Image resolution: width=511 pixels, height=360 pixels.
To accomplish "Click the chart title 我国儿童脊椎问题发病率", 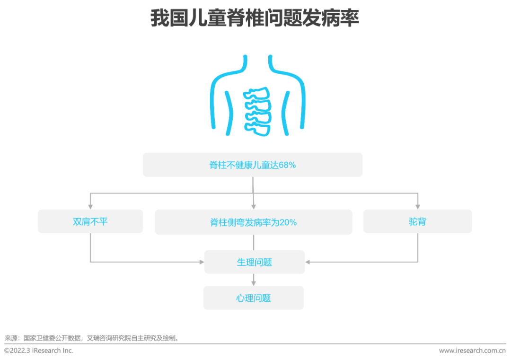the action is click(255, 18).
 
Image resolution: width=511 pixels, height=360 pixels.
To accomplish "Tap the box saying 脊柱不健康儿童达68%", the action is click(253, 165).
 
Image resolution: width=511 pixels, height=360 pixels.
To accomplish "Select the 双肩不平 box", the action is click(90, 221).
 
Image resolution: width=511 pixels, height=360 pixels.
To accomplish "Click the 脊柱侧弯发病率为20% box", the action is click(254, 222).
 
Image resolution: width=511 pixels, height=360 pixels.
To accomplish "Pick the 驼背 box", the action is click(417, 221).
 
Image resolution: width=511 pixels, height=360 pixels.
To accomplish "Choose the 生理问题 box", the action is click(255, 262).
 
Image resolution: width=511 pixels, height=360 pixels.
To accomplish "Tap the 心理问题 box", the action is click(254, 298).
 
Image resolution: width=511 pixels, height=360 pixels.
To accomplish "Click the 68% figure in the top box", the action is click(287, 165).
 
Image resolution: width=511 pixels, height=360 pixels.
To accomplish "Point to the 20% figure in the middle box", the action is click(288, 222).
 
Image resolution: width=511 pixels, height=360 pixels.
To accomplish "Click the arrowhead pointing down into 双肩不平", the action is click(90, 207).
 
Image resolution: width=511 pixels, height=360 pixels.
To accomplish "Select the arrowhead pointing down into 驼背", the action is click(418, 207).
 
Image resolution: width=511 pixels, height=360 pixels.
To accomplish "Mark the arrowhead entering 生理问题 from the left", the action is click(202, 262).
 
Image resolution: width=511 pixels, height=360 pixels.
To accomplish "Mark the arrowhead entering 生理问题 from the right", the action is click(308, 262).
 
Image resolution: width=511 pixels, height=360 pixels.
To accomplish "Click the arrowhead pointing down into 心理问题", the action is click(254, 283).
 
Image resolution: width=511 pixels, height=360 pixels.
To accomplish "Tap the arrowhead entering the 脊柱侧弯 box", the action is click(254, 207).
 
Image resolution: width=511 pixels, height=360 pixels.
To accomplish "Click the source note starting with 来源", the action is click(92, 338).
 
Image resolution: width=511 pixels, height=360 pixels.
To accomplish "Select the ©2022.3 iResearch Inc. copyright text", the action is click(38, 351).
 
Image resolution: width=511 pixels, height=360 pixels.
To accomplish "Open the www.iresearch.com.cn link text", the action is click(472, 351).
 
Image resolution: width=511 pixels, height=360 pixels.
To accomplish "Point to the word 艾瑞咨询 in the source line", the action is click(99, 338).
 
